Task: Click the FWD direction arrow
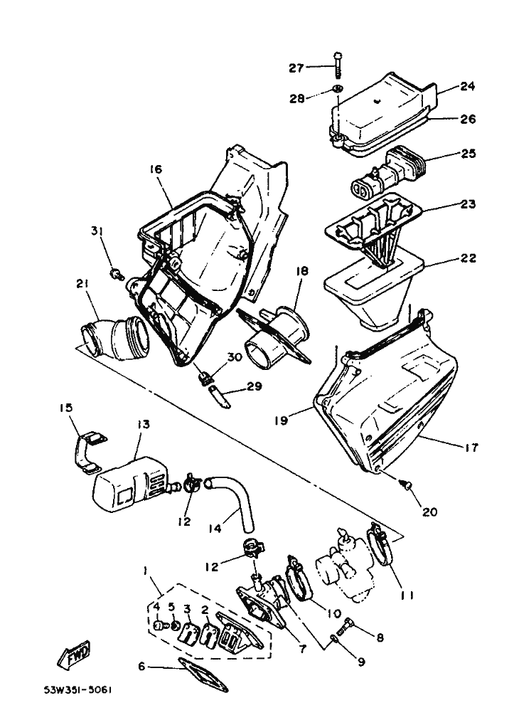pyautogui.click(x=73, y=656)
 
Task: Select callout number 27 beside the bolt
pyautogui.click(x=296, y=68)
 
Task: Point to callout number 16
pyautogui.click(x=156, y=169)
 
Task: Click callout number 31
pyautogui.click(x=97, y=231)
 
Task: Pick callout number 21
pyautogui.click(x=82, y=285)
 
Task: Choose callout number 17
pyautogui.click(x=471, y=448)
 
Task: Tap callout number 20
pyautogui.click(x=431, y=511)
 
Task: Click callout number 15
pyautogui.click(x=65, y=408)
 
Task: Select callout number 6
pyautogui.click(x=141, y=667)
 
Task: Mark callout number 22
pyautogui.click(x=467, y=258)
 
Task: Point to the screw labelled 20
pyautogui.click(x=405, y=486)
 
